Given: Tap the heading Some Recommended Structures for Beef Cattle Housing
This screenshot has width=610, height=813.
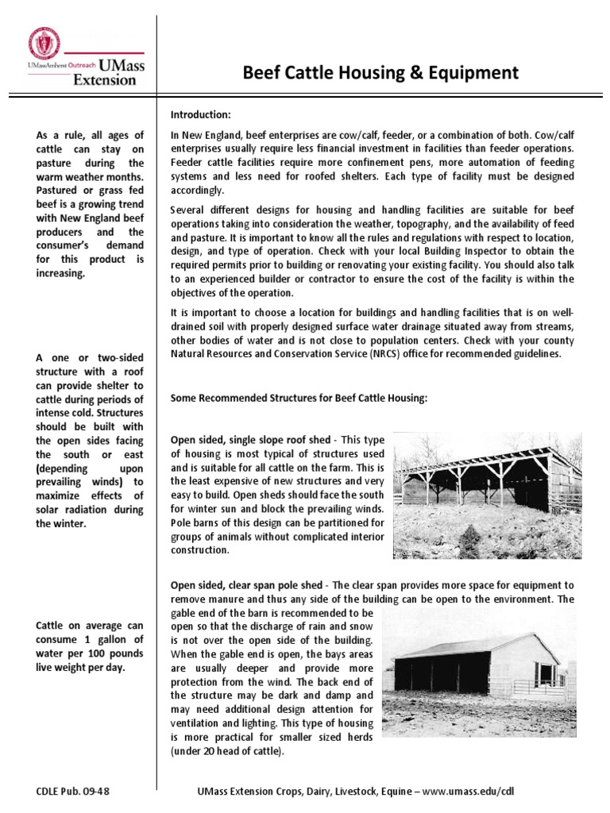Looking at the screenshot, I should (299, 399).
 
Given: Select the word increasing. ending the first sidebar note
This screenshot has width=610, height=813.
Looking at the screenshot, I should (60, 273).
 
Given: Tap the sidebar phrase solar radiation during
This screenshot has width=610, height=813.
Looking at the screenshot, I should (90, 510).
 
